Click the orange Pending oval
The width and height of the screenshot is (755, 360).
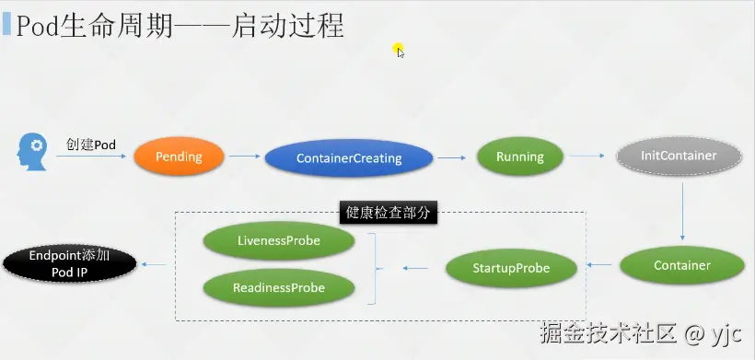[180, 157]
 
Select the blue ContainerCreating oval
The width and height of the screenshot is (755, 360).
[349, 157]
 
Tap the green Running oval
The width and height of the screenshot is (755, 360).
[520, 157]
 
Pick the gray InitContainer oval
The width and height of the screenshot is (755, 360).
[679, 156]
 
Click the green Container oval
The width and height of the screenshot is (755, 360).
[682, 265]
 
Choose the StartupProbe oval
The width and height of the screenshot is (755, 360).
[511, 268]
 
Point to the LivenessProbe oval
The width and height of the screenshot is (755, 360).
[279, 240]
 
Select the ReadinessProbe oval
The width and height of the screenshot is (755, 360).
[279, 288]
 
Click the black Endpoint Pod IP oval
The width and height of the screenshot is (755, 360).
[69, 264]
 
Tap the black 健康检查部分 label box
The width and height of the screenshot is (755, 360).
[389, 213]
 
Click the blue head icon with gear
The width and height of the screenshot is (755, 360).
[32, 152]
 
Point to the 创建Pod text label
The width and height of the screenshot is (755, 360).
[91, 145]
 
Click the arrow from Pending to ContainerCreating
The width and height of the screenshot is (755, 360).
[245, 156]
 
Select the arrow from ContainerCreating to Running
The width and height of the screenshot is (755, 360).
[452, 157]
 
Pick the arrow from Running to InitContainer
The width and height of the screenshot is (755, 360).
[587, 156]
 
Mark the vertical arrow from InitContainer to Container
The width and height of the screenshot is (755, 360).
[682, 211]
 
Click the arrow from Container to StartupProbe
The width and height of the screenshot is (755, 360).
[599, 264]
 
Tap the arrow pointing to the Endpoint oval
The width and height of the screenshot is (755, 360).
[154, 264]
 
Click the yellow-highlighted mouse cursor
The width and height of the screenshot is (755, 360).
[399, 51]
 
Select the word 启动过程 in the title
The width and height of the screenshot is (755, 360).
[287, 26]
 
